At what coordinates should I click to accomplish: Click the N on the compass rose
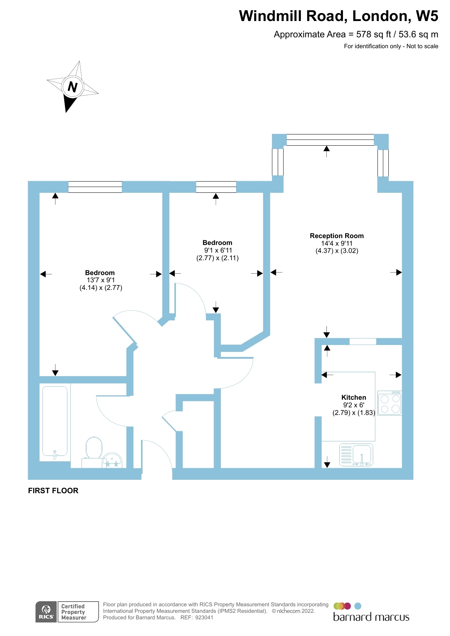click(x=73, y=87)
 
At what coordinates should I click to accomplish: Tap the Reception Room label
click(x=337, y=236)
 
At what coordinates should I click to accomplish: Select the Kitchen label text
click(x=354, y=398)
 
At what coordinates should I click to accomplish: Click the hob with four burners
click(x=389, y=403)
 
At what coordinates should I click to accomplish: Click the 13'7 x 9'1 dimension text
click(x=100, y=280)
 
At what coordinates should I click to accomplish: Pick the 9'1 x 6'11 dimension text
click(x=218, y=250)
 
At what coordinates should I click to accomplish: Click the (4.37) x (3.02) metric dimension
click(x=337, y=251)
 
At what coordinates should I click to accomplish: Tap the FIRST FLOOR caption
click(x=53, y=491)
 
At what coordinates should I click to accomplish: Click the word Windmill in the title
click(x=270, y=16)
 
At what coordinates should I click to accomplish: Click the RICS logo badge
click(x=46, y=612)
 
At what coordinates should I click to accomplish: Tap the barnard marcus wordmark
click(x=371, y=617)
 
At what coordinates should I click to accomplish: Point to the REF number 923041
click(x=204, y=618)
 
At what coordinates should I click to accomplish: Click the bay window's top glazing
click(x=330, y=140)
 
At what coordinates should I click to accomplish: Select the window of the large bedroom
click(x=95, y=187)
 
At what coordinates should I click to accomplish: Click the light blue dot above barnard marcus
click(x=358, y=606)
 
